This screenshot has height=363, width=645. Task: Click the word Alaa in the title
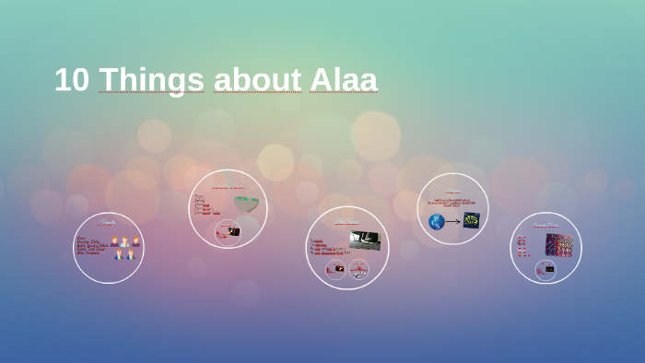(343, 80)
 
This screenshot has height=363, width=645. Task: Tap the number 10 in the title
(71, 80)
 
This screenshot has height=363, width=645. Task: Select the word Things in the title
(151, 81)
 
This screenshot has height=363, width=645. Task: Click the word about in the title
(257, 80)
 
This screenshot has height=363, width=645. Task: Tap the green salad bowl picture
(246, 203)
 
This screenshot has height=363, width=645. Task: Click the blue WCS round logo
(436, 221)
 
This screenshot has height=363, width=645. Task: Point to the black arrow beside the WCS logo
(452, 221)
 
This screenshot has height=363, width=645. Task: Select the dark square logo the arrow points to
(471, 220)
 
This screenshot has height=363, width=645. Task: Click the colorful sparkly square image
(558, 244)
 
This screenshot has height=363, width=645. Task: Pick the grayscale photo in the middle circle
(364, 240)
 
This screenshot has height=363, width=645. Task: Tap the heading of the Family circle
(109, 222)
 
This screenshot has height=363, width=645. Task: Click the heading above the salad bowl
(228, 188)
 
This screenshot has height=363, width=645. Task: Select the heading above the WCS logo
(452, 192)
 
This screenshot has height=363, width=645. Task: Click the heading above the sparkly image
(545, 225)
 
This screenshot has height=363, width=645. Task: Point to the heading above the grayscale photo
(346, 222)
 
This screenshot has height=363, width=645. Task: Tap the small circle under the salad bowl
(227, 231)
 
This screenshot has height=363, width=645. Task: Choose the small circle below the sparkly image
(545, 269)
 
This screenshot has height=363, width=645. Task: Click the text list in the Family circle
(91, 246)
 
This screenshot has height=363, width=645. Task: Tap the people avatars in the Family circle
(124, 248)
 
